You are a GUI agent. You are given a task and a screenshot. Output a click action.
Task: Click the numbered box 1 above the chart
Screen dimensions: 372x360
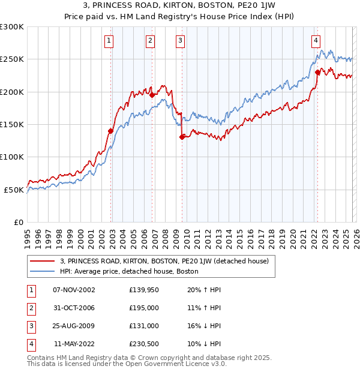click(x=109, y=41)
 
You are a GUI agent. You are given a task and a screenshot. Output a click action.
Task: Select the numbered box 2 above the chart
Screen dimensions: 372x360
click(x=149, y=41)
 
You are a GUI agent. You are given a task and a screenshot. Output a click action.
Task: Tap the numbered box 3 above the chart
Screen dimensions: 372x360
click(x=180, y=41)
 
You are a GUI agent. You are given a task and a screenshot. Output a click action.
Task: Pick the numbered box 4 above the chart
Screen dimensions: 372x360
click(x=315, y=41)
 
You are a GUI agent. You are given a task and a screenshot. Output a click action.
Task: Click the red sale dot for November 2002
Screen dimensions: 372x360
click(x=110, y=131)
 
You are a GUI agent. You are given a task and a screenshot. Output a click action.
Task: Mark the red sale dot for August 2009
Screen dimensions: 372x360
click(x=181, y=137)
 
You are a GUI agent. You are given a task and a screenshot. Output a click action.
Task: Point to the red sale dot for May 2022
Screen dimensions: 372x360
click(x=317, y=72)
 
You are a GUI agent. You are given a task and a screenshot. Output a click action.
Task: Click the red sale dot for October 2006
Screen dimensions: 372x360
click(x=152, y=95)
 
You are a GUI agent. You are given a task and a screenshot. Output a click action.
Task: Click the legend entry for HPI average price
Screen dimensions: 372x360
click(x=129, y=271)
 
